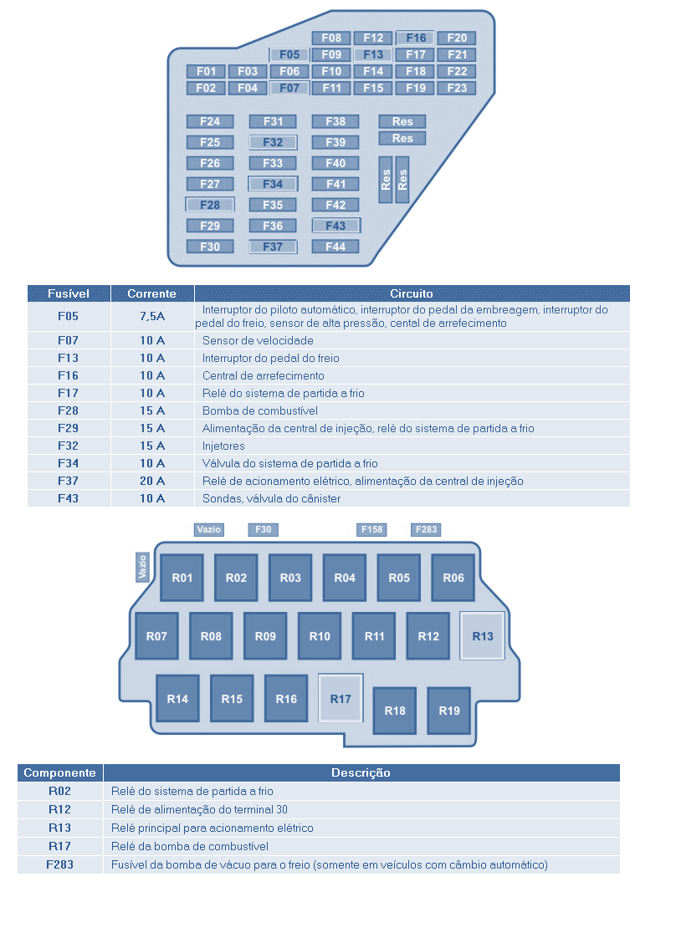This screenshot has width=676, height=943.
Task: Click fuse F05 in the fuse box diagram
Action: coord(289,55)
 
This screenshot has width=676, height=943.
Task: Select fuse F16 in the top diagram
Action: coord(415,38)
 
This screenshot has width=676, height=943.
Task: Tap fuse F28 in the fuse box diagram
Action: coord(209,205)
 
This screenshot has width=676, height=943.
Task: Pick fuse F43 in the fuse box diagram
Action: coord(335,226)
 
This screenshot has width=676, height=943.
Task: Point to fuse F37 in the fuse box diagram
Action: coord(273,247)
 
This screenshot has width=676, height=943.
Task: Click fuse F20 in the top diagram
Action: coord(457,38)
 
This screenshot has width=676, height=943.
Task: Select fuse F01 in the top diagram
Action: coord(206,71)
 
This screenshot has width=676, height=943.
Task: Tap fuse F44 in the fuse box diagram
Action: coord(335,247)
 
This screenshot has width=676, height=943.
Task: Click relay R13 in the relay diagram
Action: coord(483,636)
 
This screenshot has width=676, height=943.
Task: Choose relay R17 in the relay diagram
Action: coord(341,699)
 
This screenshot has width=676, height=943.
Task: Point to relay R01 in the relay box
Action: coord(182,578)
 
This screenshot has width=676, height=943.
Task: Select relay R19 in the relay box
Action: coord(449,711)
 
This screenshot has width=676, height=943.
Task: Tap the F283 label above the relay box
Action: coord(426,529)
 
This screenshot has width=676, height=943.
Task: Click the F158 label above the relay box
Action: coord(371,529)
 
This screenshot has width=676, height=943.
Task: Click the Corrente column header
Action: coord(152,293)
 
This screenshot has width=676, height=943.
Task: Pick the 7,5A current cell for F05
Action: coord(152,316)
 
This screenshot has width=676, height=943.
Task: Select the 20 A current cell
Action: coord(152,481)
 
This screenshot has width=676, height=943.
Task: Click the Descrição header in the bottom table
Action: coord(361,772)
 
